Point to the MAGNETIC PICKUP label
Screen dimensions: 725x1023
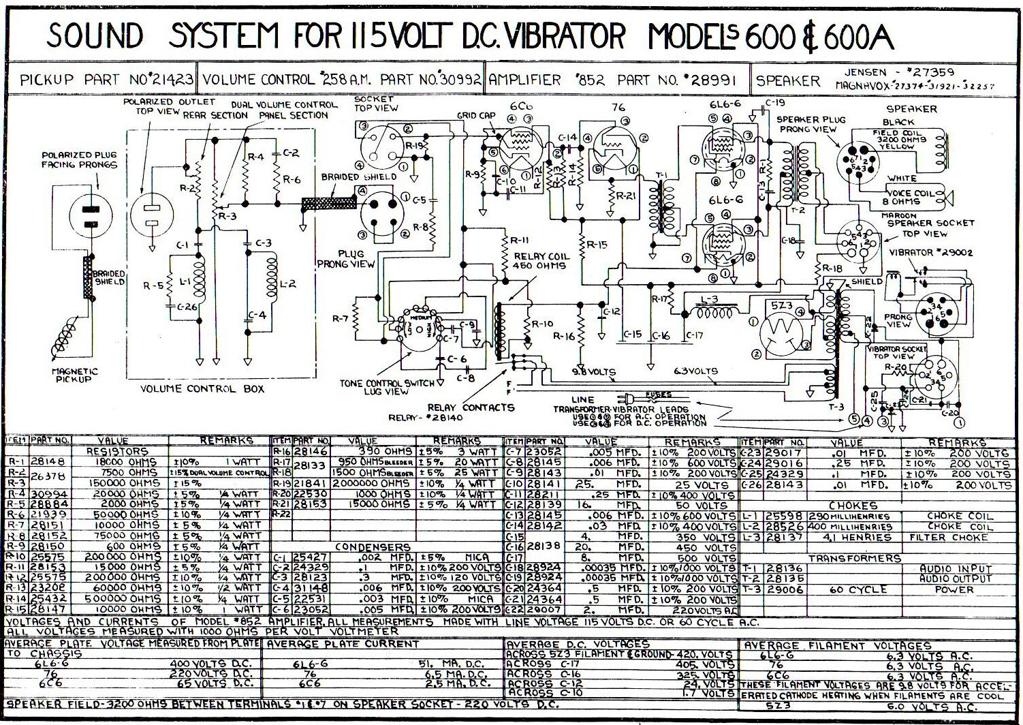75,375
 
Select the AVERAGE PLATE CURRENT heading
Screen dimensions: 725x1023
332,643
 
